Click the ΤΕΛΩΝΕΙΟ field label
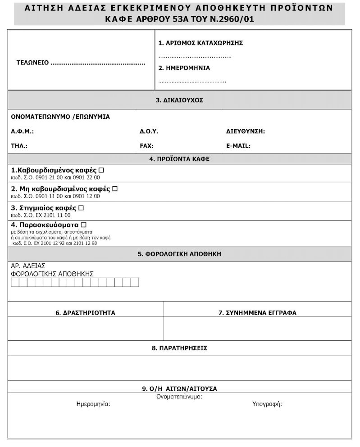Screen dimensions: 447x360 point(32,63)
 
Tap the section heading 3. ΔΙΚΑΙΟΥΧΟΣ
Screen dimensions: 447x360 point(179,100)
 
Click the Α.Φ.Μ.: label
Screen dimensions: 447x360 point(23,131)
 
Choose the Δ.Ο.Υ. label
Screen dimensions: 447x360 point(149,131)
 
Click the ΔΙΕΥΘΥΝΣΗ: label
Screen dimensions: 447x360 point(246,131)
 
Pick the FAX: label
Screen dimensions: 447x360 point(146,146)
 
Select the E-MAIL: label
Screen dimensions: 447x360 point(238,146)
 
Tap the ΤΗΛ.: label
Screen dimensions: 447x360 point(19,146)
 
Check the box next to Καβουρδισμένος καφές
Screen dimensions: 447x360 point(101,170)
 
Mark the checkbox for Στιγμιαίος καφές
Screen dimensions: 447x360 point(81,208)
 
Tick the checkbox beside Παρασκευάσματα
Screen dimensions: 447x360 point(83,225)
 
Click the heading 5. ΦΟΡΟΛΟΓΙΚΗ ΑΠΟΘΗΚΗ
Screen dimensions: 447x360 point(179,254)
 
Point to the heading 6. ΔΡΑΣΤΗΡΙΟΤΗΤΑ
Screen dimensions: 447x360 point(86,313)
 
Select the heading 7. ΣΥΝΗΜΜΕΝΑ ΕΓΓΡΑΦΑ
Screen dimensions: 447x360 point(257,313)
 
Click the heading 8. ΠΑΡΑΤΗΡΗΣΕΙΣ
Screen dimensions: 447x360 point(179,348)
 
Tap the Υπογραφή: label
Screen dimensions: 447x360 point(267,404)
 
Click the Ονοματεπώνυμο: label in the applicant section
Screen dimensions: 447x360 point(179,397)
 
